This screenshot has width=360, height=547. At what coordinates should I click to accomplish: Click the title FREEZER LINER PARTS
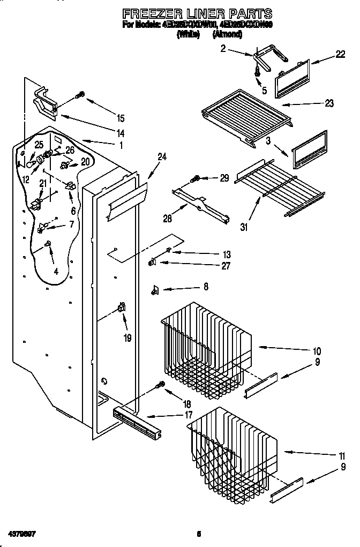click(x=197, y=13)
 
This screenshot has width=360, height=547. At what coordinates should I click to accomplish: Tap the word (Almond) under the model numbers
click(x=227, y=34)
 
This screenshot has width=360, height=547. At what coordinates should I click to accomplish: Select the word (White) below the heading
click(x=188, y=34)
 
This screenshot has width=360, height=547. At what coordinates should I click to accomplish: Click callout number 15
click(x=120, y=118)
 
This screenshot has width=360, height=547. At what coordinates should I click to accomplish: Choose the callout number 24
click(x=162, y=156)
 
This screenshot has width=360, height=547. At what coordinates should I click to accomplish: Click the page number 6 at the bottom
click(x=198, y=534)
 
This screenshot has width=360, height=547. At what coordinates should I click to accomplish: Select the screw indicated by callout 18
click(x=159, y=384)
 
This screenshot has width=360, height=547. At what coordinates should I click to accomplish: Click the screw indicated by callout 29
click(x=197, y=178)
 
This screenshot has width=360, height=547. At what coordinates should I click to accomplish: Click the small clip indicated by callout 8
click(x=155, y=289)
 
